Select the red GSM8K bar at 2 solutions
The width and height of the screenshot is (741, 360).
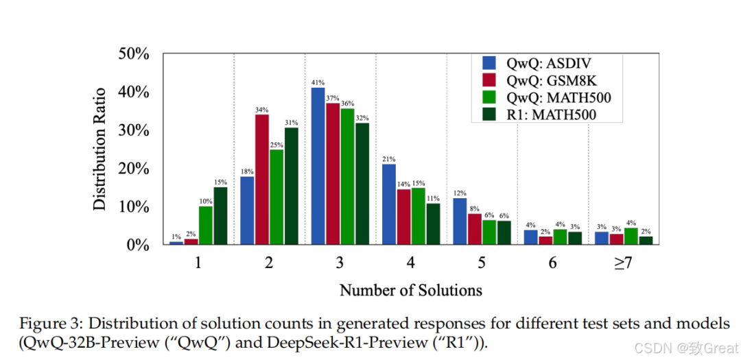[262, 180]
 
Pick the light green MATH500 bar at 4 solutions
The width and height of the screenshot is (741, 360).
[418, 216]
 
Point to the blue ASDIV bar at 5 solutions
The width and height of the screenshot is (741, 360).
[460, 221]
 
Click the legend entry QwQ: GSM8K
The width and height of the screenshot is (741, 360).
[550, 82]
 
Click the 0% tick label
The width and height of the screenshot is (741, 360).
[137, 245]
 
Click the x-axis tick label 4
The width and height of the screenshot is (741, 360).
[410, 263]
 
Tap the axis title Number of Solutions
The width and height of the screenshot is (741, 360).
[410, 290]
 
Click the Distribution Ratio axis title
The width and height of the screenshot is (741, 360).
[101, 148]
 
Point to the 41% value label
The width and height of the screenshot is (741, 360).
[318, 82]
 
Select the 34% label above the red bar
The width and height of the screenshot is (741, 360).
[262, 109]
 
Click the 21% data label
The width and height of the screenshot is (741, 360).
[389, 159]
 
